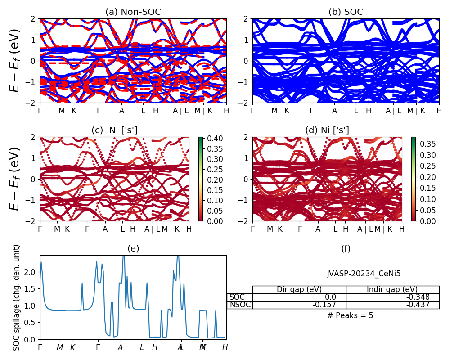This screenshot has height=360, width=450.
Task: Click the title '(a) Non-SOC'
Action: [x=133, y=12]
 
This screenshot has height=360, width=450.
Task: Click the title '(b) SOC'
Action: [x=346, y=12]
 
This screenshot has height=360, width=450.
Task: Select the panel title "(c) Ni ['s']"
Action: [x=114, y=130]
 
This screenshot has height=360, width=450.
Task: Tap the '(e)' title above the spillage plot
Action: [x=133, y=248]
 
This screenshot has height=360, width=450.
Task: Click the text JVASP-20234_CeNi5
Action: [x=364, y=273]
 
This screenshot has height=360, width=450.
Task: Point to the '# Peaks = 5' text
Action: [x=351, y=315]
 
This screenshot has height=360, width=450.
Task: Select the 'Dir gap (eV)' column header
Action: [x=299, y=289]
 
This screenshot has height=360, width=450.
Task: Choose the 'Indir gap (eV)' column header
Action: [x=392, y=289]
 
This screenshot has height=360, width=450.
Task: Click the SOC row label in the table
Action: [x=238, y=297]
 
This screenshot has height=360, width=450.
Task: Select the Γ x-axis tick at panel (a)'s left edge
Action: [x=40, y=111]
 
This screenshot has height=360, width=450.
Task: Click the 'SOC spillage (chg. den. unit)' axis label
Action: [x=17, y=297]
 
